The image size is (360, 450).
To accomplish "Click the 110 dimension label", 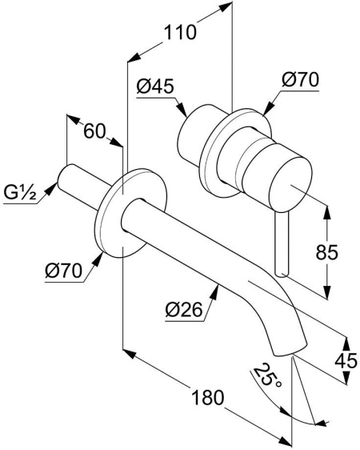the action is pyautogui.click(x=180, y=32).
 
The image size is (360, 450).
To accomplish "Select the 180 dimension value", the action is pyautogui.click(x=207, y=397).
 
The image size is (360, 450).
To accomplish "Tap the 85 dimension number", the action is pyautogui.click(x=327, y=252).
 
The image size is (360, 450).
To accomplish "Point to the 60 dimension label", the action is pyautogui.click(x=94, y=132).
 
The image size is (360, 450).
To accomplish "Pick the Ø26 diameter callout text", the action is pyautogui.click(x=184, y=310).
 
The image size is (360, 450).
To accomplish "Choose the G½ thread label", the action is pyautogui.click(x=20, y=192).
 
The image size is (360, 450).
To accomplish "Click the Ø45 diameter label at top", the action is pyautogui.click(x=155, y=86).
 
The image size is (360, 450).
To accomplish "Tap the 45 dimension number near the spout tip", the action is pyautogui.click(x=346, y=360).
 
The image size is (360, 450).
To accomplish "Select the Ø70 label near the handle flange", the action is pyautogui.click(x=300, y=80).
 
